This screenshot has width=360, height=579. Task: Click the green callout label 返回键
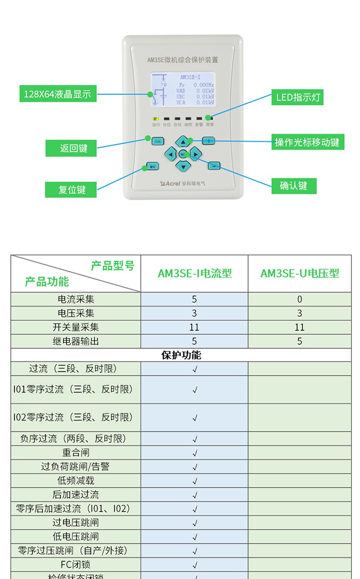(71, 148)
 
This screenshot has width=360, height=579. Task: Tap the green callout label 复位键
(71, 189)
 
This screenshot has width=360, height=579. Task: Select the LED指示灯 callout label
(297, 98)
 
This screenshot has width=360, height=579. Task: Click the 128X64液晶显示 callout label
(58, 94)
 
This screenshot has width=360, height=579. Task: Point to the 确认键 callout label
(294, 186)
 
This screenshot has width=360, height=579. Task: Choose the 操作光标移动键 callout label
(307, 143)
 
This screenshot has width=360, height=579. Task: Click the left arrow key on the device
(170, 154)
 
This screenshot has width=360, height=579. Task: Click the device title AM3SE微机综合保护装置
(183, 60)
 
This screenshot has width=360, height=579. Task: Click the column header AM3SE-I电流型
(194, 274)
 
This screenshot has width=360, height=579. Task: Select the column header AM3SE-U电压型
(300, 274)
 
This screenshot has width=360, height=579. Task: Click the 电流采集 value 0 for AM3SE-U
(300, 300)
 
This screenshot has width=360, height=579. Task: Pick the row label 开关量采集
(76, 328)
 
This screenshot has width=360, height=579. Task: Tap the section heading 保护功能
(181, 355)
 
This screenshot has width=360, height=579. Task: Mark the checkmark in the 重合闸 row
(195, 453)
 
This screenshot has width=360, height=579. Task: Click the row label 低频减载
(76, 480)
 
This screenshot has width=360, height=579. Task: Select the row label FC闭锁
(76, 565)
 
